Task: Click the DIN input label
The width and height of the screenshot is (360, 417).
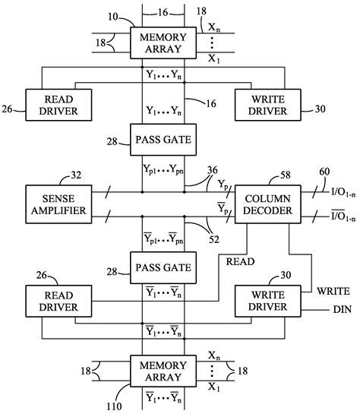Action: [340, 310]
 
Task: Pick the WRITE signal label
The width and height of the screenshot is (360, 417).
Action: [334, 290]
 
